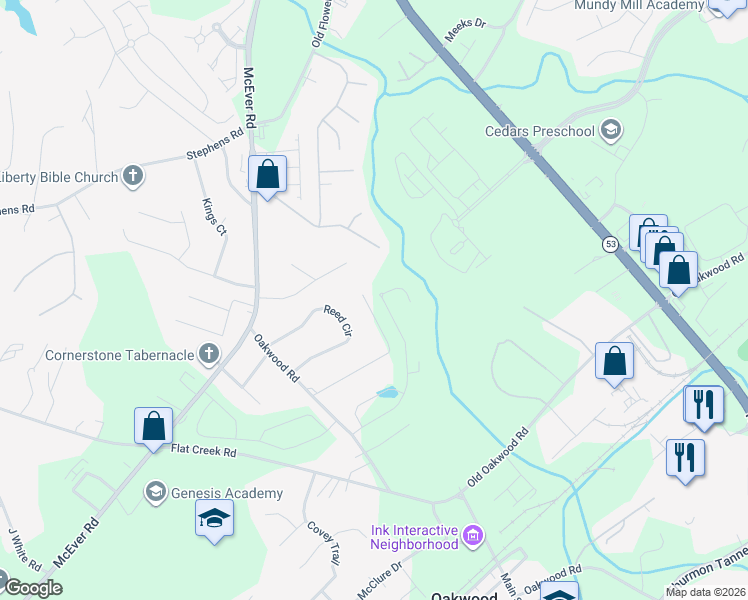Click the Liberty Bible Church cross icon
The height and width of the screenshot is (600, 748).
click(133, 177)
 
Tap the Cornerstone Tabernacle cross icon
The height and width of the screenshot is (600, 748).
click(208, 354)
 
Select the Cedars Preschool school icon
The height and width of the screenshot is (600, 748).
click(610, 130)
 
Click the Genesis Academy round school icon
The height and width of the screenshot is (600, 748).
click(155, 492)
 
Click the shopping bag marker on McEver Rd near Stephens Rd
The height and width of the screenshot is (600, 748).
click(267, 175)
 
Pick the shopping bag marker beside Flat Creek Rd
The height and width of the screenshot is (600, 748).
click(154, 427)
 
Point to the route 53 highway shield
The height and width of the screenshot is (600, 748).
click(610, 244)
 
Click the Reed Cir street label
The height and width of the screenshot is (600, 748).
click(339, 320)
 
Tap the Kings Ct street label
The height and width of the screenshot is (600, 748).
click(214, 216)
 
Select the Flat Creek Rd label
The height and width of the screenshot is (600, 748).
click(203, 452)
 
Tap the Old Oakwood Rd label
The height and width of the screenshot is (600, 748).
click(497, 460)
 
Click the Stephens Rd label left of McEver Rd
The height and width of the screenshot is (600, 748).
click(215, 144)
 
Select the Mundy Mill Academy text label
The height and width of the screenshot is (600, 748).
click(639, 6)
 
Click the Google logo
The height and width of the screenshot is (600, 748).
click(32, 588)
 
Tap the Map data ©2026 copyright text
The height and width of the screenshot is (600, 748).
click(706, 592)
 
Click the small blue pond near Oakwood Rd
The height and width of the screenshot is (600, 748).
click(386, 393)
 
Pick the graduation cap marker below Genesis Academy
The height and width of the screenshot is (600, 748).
click(213, 519)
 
